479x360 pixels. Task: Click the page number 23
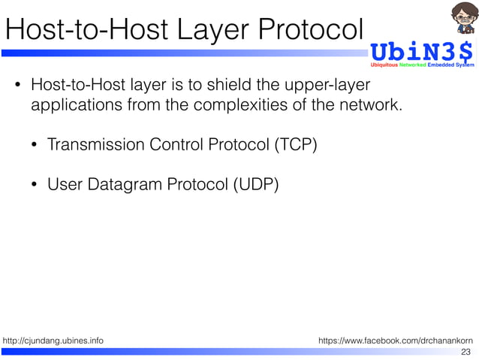(465, 352)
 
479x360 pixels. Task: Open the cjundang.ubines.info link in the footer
(53, 341)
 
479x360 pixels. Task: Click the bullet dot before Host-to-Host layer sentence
(18, 86)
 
